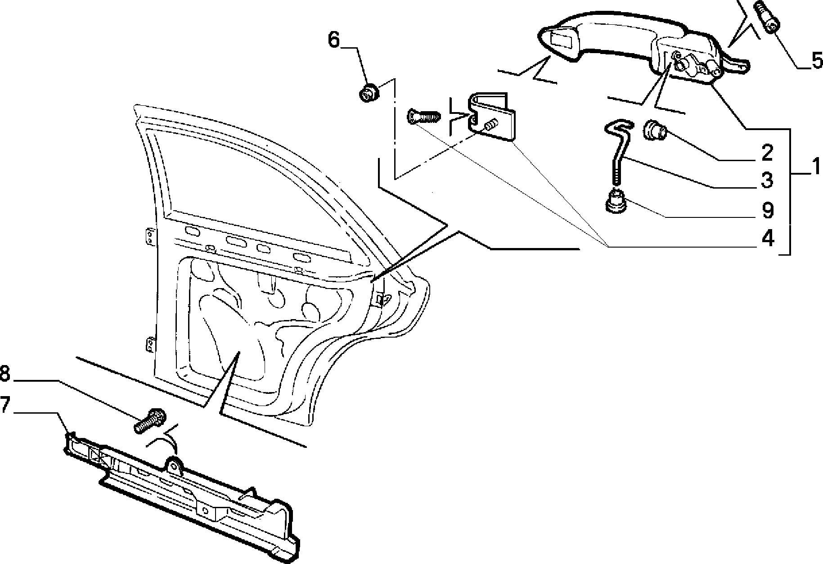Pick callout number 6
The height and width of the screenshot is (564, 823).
pos(334,39)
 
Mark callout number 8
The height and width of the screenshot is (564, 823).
pos(5,374)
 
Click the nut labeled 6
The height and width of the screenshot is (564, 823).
pos(369,94)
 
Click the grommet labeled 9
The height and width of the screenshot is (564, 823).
pos(616,200)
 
